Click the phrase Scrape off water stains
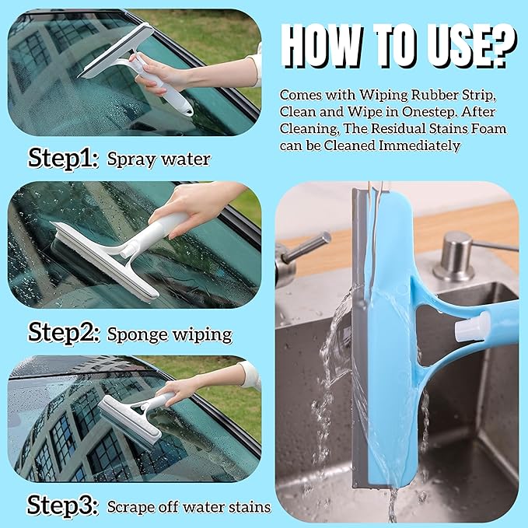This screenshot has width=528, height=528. [189, 507]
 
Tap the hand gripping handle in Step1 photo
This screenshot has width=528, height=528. [163, 78]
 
